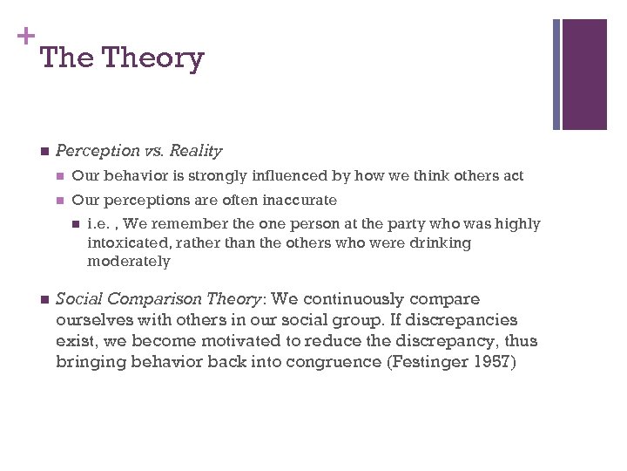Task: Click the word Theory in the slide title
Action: click(x=153, y=58)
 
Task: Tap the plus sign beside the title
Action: click(x=26, y=37)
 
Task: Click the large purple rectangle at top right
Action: click(x=584, y=74)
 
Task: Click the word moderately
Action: click(x=129, y=261)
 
